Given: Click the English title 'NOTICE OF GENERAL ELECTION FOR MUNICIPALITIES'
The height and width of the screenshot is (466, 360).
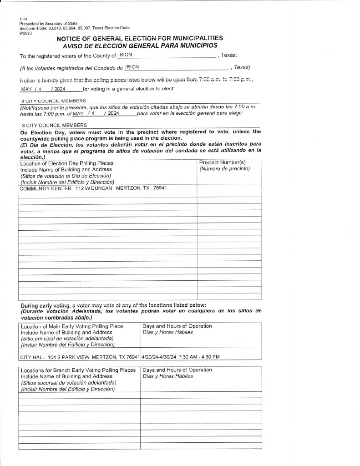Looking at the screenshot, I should pyautogui.click(x=140, y=38).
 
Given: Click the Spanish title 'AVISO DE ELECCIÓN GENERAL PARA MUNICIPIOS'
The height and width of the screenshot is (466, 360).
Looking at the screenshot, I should pyautogui.click(x=140, y=46).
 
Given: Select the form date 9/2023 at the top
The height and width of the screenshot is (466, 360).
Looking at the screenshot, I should pyautogui.click(x=25, y=32).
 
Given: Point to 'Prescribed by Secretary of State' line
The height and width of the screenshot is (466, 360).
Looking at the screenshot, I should pyautogui.click(x=48, y=23).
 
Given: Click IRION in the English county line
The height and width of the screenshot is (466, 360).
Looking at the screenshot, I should pyautogui.click(x=125, y=55).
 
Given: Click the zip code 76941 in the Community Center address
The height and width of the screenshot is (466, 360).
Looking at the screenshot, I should pyautogui.click(x=160, y=188).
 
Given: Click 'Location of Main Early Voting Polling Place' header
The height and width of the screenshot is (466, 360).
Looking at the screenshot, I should pyautogui.click(x=72, y=326).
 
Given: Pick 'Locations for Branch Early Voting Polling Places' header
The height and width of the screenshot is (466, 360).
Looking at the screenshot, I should pyautogui.click(x=78, y=370).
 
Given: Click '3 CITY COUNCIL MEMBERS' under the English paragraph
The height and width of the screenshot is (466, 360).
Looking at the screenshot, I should pyautogui.click(x=54, y=101).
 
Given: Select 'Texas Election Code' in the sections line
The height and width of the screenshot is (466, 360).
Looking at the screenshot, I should pyautogui.click(x=111, y=28).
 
